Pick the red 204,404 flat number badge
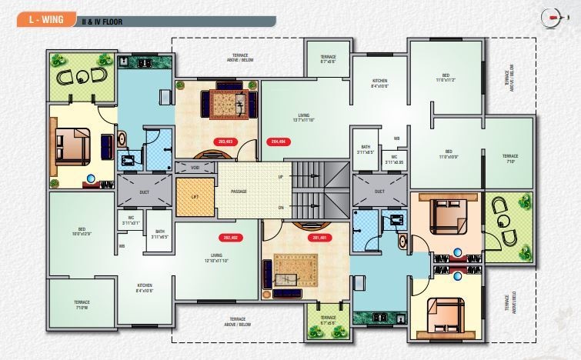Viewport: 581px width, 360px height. pyautogui.click(x=278, y=142)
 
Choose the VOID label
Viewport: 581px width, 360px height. pyautogui.click(x=195, y=167)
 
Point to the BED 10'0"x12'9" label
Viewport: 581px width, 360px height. pyautogui.click(x=82, y=231)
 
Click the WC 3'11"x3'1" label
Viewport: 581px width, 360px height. pyautogui.click(x=131, y=221)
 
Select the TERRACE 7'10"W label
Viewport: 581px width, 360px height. pyautogui.click(x=82, y=304)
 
